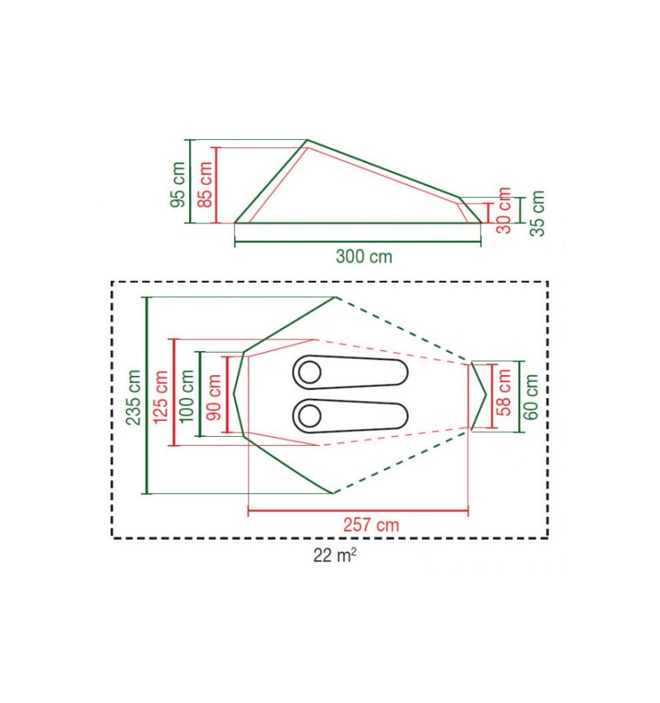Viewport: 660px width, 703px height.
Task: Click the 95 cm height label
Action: (178, 184)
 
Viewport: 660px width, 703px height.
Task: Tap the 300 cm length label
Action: (364, 257)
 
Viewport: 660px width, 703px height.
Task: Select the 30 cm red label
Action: (505, 210)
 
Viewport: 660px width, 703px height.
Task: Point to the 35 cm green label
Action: (537, 213)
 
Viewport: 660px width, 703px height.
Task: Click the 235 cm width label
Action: (133, 397)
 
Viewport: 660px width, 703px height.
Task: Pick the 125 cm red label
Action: (161, 397)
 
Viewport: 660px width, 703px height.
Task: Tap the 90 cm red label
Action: (214, 397)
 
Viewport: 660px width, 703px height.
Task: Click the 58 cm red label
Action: (505, 392)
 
